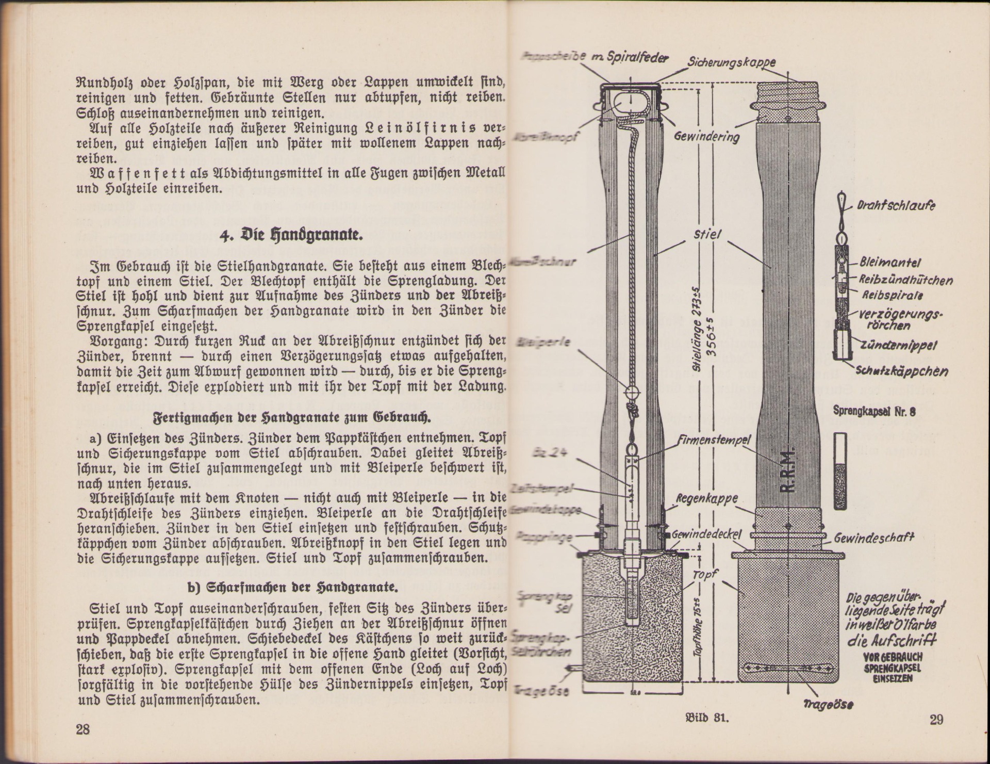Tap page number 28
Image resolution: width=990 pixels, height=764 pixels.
[x=82, y=729]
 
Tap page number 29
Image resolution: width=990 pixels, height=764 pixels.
[x=936, y=719]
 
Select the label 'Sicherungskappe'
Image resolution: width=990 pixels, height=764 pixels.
[x=731, y=63]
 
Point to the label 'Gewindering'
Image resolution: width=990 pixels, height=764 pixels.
[x=707, y=136]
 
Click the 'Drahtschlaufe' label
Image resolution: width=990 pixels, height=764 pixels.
[x=896, y=205]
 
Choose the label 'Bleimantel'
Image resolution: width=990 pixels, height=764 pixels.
[x=883, y=263]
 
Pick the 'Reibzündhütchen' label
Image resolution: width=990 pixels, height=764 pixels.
[x=905, y=280]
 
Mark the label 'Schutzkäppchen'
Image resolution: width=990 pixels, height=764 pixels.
[x=902, y=371]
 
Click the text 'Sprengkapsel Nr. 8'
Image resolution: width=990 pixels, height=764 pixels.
[x=874, y=412]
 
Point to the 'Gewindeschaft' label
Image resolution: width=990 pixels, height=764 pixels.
[x=874, y=539]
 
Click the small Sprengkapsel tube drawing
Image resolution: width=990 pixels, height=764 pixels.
[x=840, y=470]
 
